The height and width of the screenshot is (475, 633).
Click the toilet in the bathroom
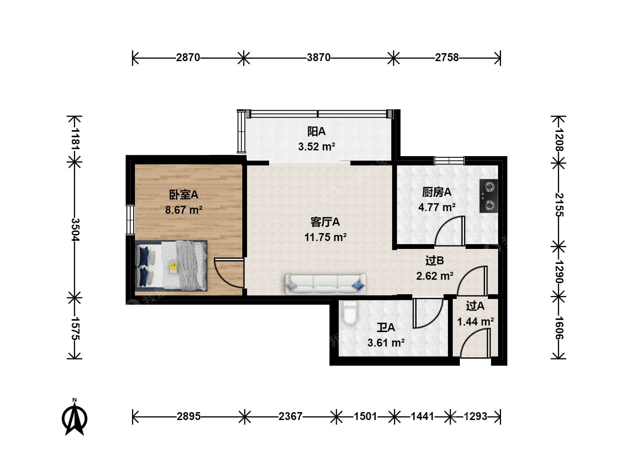350,313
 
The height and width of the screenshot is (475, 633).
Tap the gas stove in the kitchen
488,196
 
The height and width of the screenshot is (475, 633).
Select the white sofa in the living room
325,284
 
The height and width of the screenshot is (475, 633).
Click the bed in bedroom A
171,266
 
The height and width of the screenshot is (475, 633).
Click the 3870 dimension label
318,58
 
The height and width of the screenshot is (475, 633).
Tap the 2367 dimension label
290,417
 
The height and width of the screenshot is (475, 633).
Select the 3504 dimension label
75,230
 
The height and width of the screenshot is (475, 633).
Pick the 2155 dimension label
559,205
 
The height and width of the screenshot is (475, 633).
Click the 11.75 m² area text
325,237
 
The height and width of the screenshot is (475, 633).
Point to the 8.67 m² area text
184,210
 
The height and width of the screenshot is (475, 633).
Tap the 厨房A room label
437,192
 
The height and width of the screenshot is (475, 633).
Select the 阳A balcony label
316,132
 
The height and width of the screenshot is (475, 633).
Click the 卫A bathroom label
386,328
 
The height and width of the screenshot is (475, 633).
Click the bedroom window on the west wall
131,220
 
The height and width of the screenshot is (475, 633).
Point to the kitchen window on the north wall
449,161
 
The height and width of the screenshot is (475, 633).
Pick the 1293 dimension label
475,417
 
